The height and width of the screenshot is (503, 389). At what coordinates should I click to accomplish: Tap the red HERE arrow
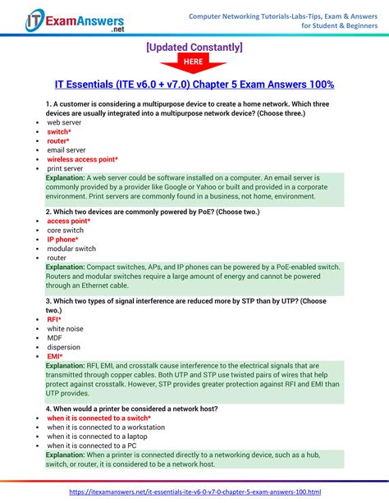click(x=194, y=63)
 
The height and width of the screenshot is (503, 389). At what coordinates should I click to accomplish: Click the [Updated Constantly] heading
click(x=194, y=47)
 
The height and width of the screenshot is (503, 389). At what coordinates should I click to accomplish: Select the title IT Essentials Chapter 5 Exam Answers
click(x=194, y=85)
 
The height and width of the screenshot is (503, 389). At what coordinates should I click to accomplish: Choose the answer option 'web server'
click(x=64, y=121)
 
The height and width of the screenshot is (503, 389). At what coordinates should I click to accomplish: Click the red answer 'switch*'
click(x=58, y=131)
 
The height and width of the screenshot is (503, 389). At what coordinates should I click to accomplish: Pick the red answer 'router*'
click(x=58, y=140)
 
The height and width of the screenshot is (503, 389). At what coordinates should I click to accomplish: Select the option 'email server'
click(x=66, y=150)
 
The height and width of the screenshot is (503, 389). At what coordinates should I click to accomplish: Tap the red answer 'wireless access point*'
click(x=82, y=159)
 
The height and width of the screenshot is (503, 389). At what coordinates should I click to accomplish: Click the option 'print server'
click(x=65, y=168)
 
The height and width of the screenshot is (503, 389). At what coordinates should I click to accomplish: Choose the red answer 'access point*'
click(x=68, y=221)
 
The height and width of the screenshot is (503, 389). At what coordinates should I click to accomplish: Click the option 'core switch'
click(x=66, y=230)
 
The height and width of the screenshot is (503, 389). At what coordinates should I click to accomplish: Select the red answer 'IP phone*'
click(x=63, y=239)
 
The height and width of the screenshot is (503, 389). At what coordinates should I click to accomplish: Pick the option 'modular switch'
click(x=71, y=248)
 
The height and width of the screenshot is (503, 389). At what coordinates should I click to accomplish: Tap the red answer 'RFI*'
click(x=54, y=319)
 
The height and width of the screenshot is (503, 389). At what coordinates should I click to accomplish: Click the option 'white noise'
click(x=65, y=328)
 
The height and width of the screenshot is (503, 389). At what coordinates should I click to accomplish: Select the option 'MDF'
click(x=54, y=337)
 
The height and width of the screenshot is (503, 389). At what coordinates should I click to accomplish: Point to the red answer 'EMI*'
click(x=54, y=356)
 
